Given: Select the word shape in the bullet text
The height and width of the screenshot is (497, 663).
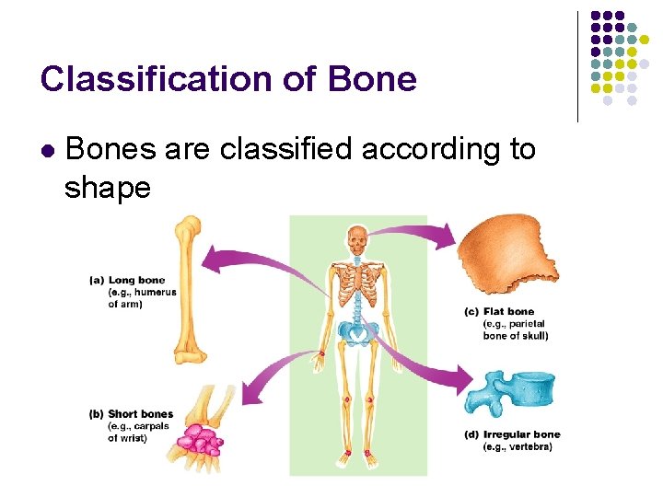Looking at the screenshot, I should (107, 188).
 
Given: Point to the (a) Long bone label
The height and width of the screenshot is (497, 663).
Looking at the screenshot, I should (128, 280).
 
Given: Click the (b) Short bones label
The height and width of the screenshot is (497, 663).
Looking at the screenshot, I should (132, 414).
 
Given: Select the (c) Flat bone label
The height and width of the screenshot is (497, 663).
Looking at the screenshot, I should (499, 312).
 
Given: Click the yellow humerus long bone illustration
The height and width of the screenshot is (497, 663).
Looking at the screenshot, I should (189, 290).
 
